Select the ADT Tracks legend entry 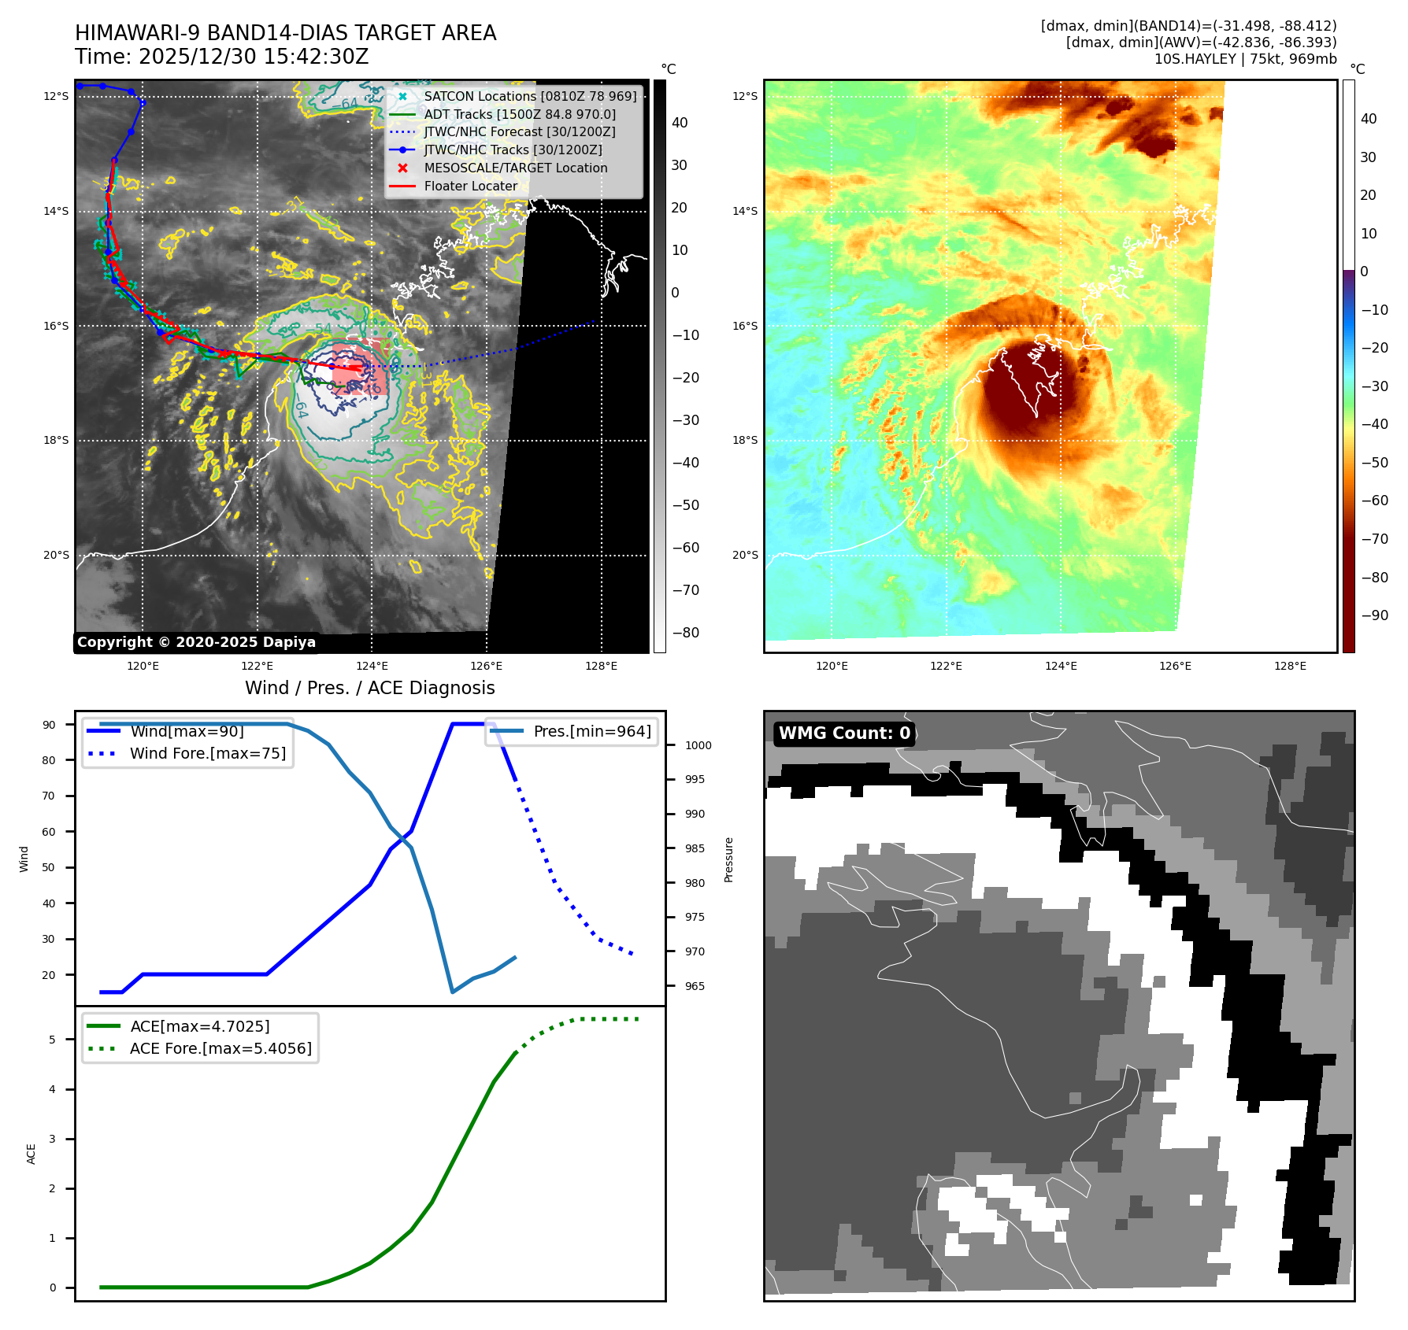pos(519,114)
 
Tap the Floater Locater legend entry pos(470,186)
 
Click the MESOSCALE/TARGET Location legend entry pos(515,168)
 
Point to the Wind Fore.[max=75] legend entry pos(207,753)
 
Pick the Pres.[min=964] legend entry pos(591,731)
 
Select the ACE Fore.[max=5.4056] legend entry pos(220,1048)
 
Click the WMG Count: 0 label pos(844,733)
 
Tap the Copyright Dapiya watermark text pos(196,642)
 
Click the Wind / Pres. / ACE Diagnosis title pos(369,688)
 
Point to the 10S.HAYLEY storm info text pos(1245,59)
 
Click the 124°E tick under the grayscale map pos(372,666)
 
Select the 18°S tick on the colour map pos(745,440)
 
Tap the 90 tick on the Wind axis pos(50,725)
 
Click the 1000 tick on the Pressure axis pos(698,745)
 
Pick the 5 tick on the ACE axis pos(53,1040)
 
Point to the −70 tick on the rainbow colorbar pos(1375,539)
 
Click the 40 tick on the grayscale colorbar pos(680,123)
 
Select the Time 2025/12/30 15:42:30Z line pos(222,57)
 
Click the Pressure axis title pos(729,859)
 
